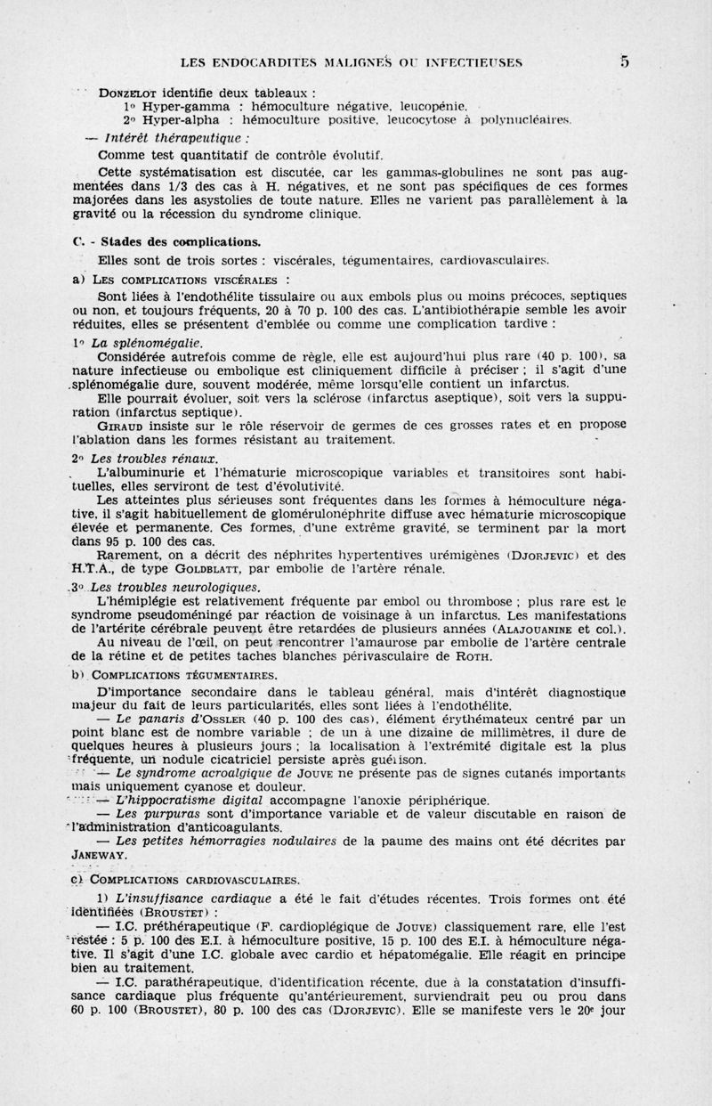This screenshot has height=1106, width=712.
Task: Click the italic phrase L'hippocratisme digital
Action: tap(183, 798)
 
